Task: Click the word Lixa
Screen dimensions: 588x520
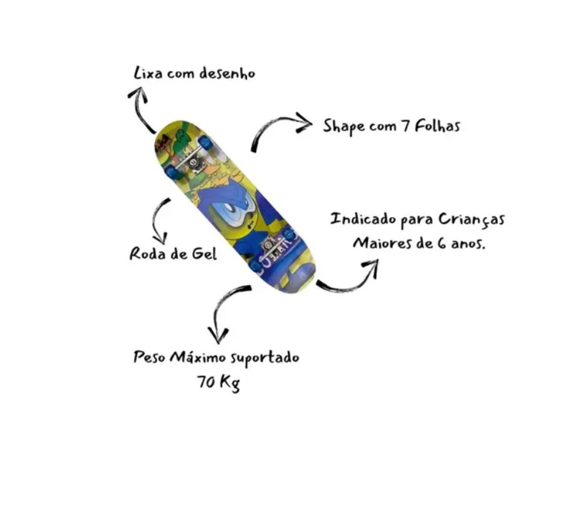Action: click(148, 73)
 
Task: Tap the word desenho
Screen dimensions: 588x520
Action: click(227, 73)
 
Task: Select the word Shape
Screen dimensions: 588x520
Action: click(344, 126)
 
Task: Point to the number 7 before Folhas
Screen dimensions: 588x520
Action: click(405, 126)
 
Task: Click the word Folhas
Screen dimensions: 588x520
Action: click(437, 125)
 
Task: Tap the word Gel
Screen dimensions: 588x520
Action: click(205, 254)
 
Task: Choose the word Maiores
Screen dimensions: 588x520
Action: click(382, 243)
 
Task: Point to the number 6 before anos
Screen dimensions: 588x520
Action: click(441, 243)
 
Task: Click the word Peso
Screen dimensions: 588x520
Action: click(149, 357)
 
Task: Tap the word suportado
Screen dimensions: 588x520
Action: click(265, 358)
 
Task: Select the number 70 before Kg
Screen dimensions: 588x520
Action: click(206, 382)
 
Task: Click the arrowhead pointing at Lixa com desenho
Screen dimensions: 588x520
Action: click(138, 94)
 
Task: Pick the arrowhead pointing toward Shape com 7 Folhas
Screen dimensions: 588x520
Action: click(304, 122)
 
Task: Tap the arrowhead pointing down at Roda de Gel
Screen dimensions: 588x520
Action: click(161, 239)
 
